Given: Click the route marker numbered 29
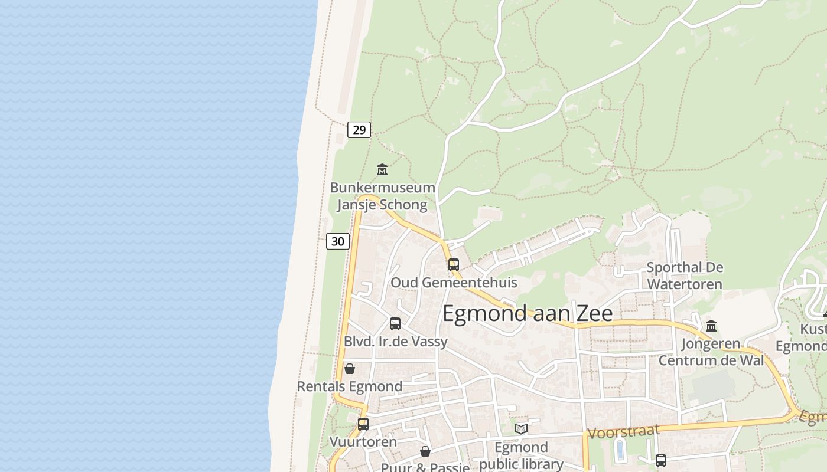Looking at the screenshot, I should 359,129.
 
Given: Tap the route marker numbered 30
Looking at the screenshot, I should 338,241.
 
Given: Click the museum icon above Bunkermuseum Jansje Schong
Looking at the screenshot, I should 382,170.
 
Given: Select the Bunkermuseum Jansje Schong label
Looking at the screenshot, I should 382,196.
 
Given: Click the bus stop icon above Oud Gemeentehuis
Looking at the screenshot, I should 454,265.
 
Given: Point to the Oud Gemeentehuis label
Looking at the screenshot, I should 454,283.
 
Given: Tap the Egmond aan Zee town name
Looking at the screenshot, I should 527,313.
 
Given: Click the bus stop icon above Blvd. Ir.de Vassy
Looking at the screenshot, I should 395,323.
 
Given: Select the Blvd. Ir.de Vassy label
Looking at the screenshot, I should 396,342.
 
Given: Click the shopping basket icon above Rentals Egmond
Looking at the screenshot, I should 350,369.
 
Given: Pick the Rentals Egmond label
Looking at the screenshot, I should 350,386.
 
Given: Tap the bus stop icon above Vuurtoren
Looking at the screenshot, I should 363,424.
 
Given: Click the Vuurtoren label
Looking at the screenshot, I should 363,441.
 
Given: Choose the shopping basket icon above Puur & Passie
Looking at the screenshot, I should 425,451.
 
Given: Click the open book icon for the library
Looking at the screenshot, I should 521,429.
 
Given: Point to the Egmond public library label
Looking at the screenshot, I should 521,455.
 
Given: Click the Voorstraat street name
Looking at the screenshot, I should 623,432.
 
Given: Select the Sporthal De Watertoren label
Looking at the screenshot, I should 685,276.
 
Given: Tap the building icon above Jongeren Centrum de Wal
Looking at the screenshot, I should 711,326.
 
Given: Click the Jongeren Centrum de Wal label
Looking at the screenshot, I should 711,352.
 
